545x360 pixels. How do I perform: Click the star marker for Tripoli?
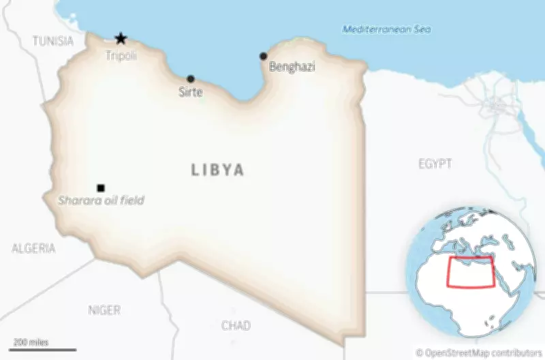click(121, 39)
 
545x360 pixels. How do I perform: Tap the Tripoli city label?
click(121, 56)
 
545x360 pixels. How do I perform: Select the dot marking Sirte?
click(191, 79)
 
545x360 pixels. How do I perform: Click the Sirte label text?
click(191, 92)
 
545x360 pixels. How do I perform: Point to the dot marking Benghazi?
click(264, 56)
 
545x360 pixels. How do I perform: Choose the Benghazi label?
click(292, 67)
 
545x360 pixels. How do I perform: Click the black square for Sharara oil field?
click(101, 188)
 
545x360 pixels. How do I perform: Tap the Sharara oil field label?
click(101, 200)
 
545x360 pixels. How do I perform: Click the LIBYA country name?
click(217, 170)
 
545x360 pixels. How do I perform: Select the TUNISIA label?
click(53, 42)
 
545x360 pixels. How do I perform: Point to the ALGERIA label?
click(33, 248)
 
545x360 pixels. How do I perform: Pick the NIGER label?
click(104, 310)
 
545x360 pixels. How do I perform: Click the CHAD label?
click(236, 326)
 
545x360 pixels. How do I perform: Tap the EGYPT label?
click(435, 164)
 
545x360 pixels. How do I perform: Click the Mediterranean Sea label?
click(386, 29)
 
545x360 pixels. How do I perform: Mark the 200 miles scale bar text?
click(31, 342)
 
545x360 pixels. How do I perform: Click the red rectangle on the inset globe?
click(469, 273)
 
